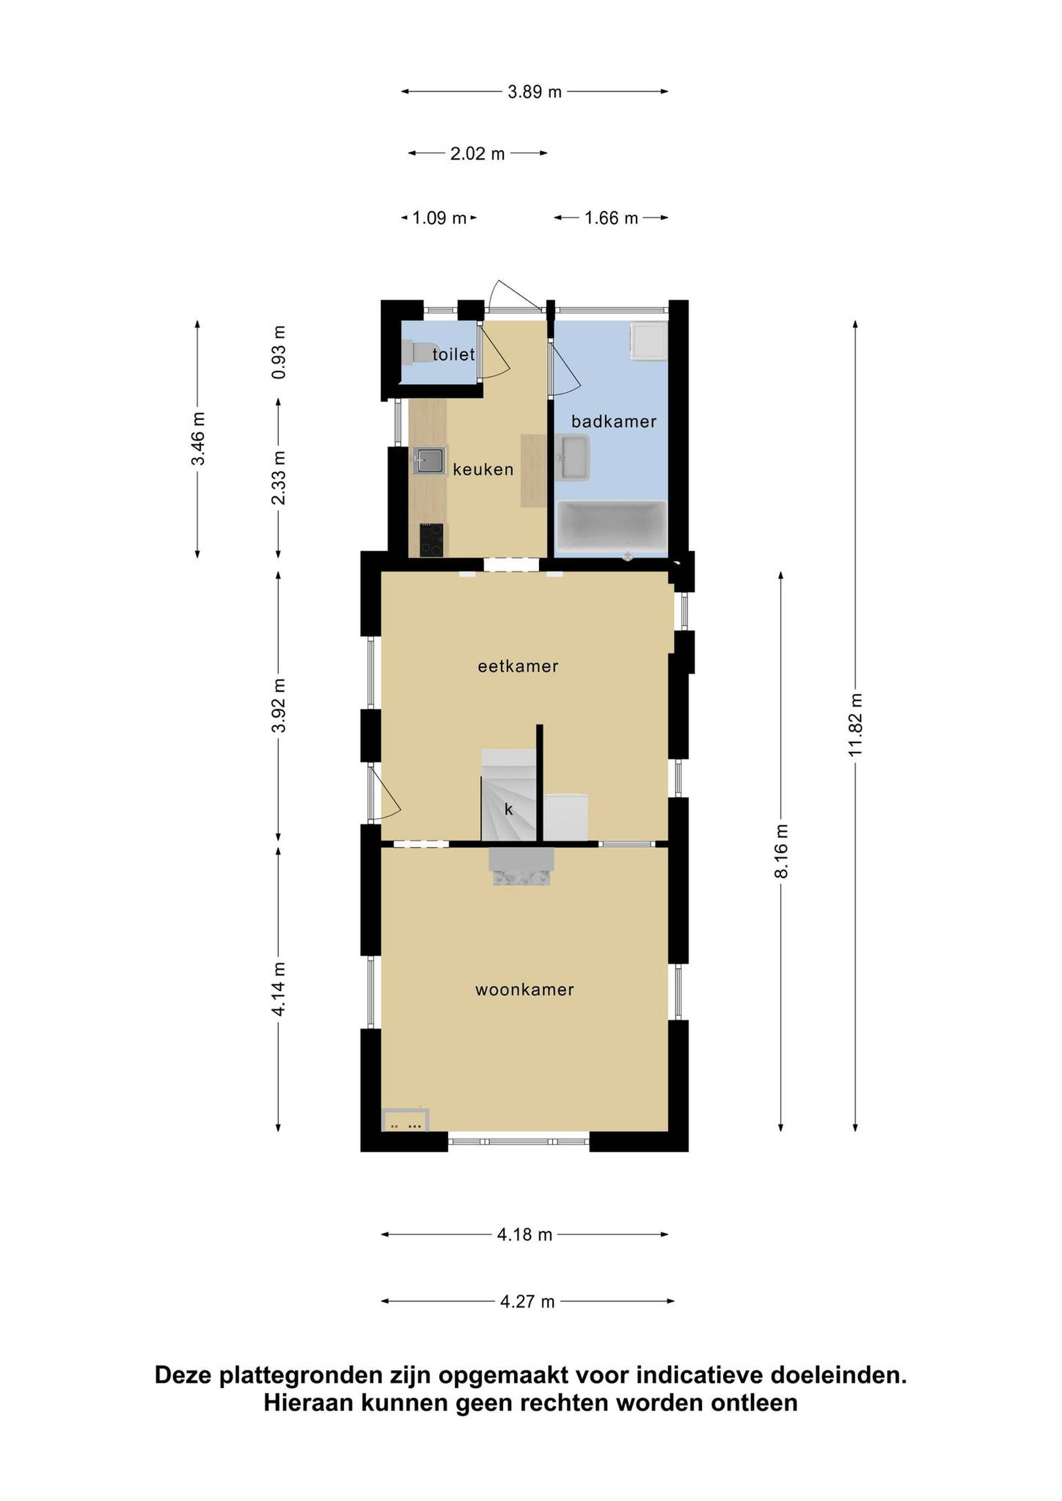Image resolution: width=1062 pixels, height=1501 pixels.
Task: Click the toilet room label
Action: pyautogui.click(x=453, y=354)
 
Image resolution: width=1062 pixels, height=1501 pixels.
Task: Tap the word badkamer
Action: pyautogui.click(x=613, y=422)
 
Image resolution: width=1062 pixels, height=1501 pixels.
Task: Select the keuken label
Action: pyautogui.click(x=483, y=469)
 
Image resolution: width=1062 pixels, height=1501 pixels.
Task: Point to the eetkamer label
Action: pyautogui.click(x=518, y=666)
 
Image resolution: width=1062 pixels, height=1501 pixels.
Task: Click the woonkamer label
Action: pyautogui.click(x=524, y=990)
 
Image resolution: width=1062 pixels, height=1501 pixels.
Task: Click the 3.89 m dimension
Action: pyautogui.click(x=534, y=92)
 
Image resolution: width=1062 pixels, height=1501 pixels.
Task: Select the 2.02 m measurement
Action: pyautogui.click(x=477, y=154)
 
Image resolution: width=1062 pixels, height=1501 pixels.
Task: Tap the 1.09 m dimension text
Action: pyautogui.click(x=439, y=218)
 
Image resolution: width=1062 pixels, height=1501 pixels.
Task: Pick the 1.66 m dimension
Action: pyautogui.click(x=611, y=218)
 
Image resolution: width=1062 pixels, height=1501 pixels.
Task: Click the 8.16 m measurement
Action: pyautogui.click(x=781, y=851)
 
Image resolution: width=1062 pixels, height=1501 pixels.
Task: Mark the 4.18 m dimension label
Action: pyautogui.click(x=524, y=1235)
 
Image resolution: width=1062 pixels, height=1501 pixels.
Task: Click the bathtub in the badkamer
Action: pyautogui.click(x=611, y=527)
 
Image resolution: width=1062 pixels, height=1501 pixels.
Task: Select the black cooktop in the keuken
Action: pyautogui.click(x=431, y=540)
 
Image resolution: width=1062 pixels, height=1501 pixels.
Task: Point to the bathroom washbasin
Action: pyautogui.click(x=574, y=458)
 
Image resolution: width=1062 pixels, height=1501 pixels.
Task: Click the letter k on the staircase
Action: pyautogui.click(x=509, y=810)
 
